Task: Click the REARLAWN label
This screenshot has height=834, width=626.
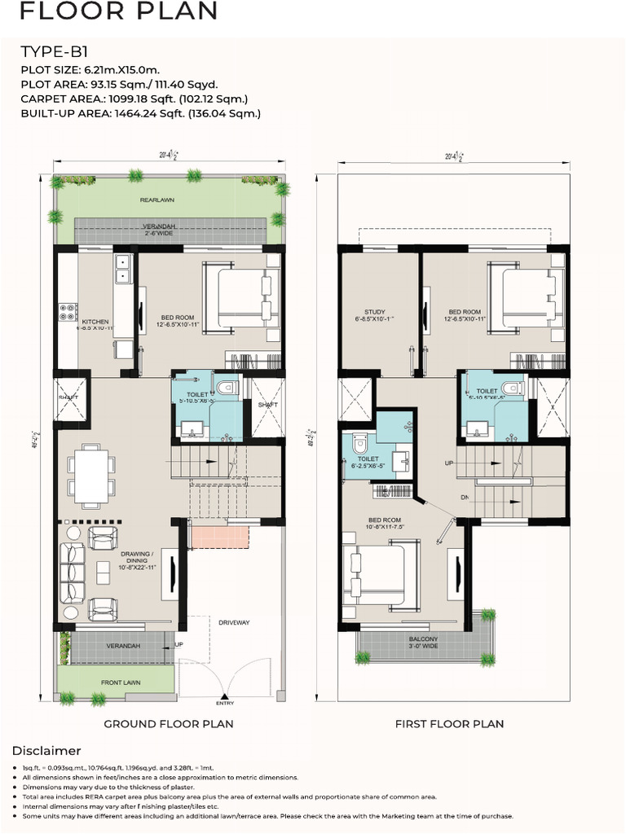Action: [x=156, y=199]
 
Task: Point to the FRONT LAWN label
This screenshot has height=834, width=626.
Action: [x=121, y=683]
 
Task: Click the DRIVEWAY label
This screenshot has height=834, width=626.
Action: [x=233, y=622]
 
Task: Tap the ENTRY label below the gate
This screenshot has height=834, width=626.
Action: [x=225, y=702]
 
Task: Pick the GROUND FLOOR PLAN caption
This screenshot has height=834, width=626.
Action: [x=168, y=723]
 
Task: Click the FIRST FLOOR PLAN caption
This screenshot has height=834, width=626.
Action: [x=449, y=723]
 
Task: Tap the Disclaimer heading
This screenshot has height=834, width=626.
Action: [x=46, y=750]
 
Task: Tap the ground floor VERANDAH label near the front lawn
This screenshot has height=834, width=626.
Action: [x=124, y=646]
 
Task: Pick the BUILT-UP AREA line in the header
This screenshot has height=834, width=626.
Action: [x=140, y=113]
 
